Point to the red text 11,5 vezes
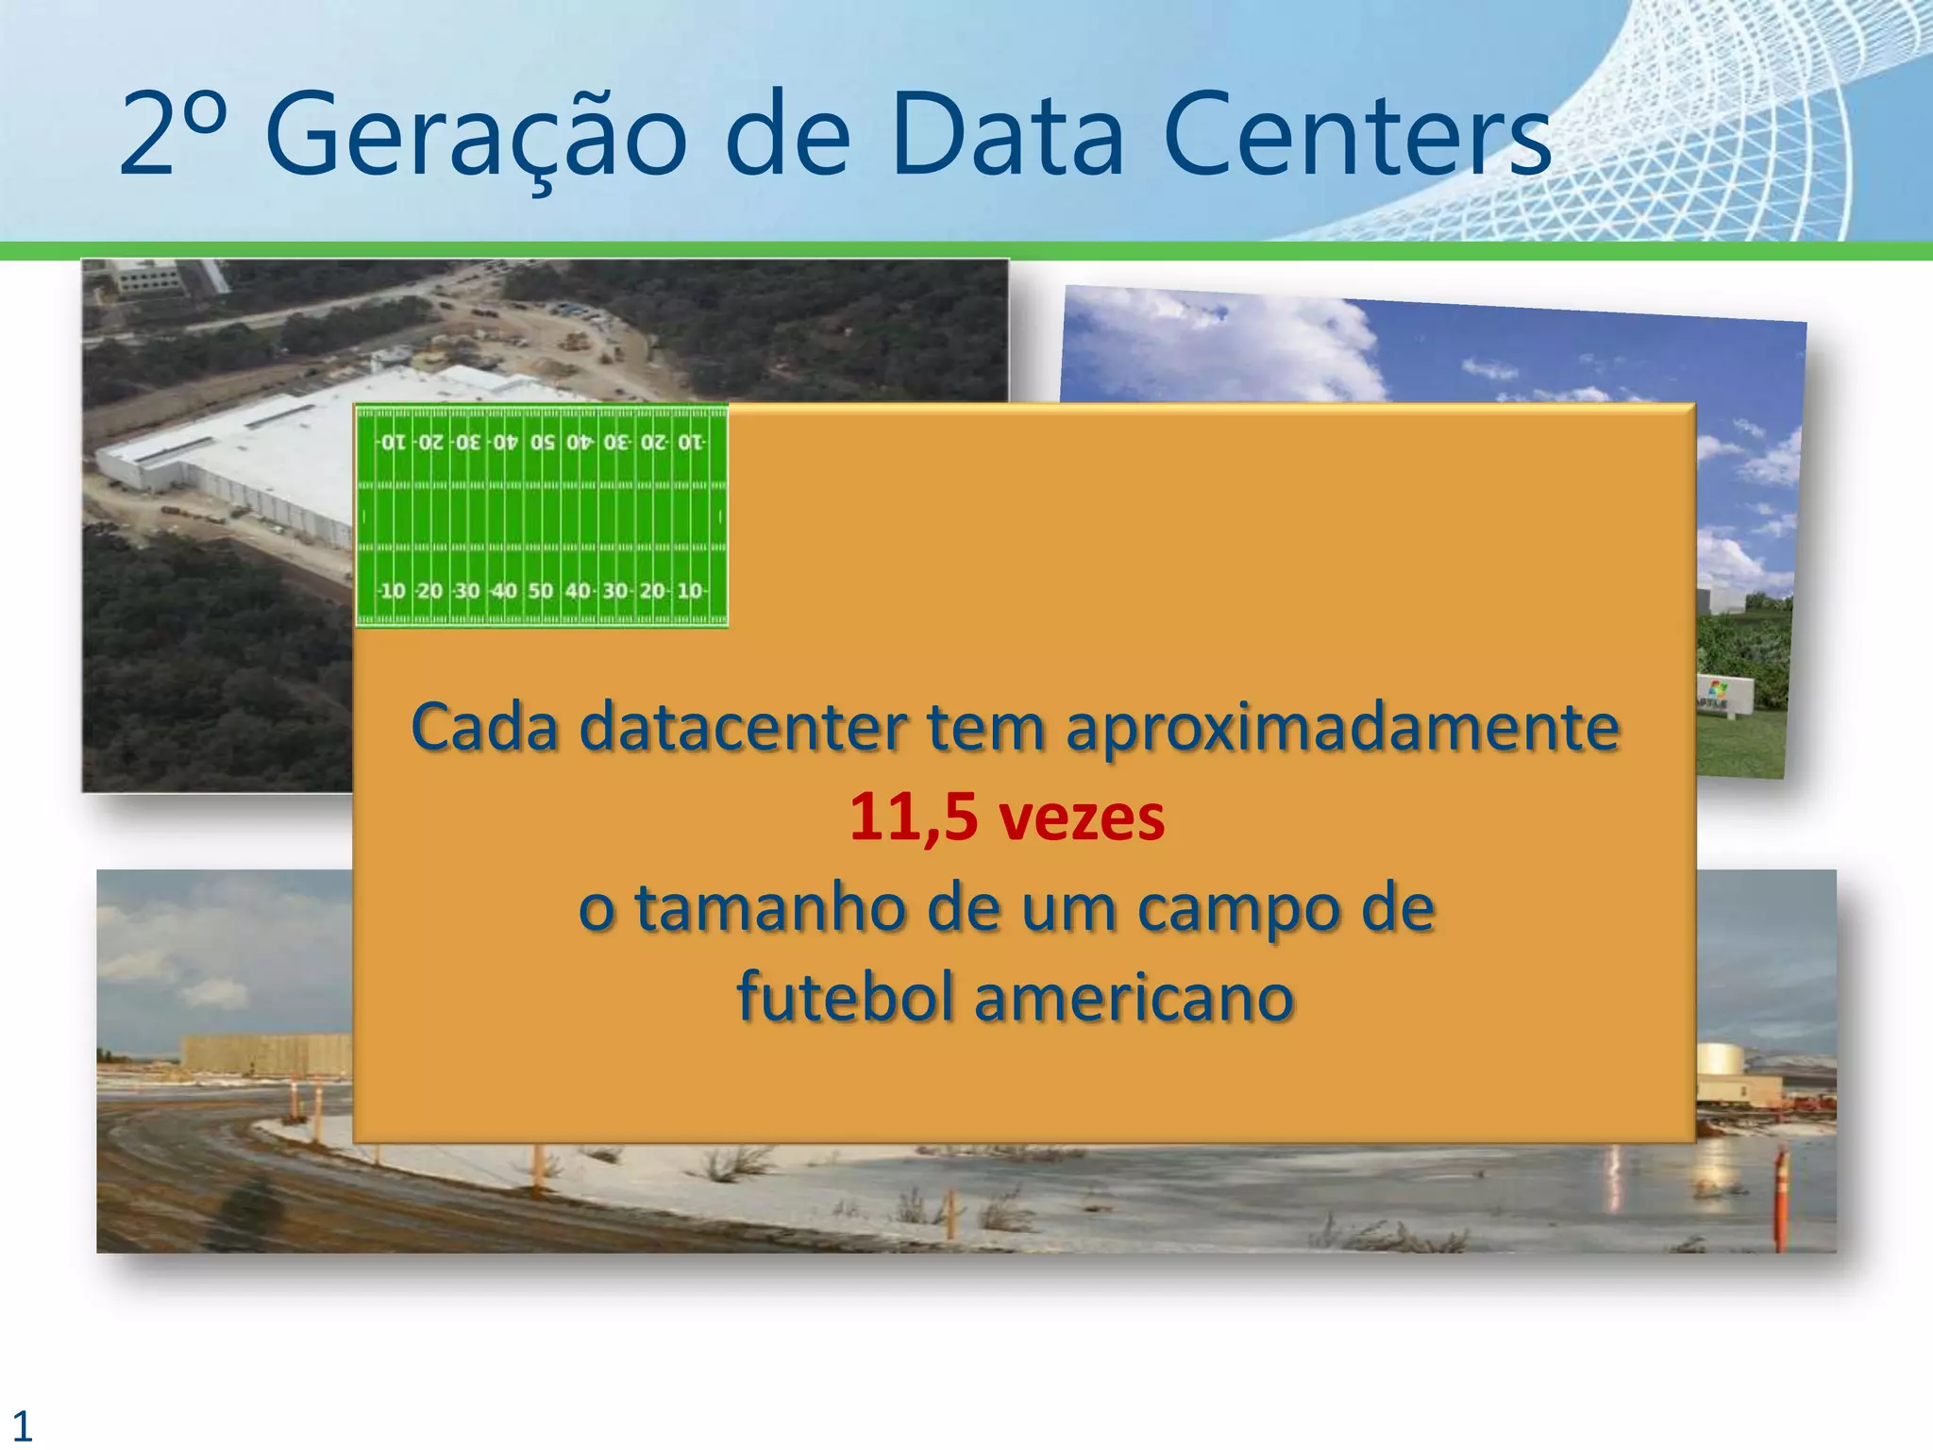1006,818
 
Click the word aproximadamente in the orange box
1342,730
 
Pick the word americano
1133,999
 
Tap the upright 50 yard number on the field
540,591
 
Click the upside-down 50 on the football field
542,442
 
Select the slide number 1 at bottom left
22,1425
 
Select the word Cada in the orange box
483,730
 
